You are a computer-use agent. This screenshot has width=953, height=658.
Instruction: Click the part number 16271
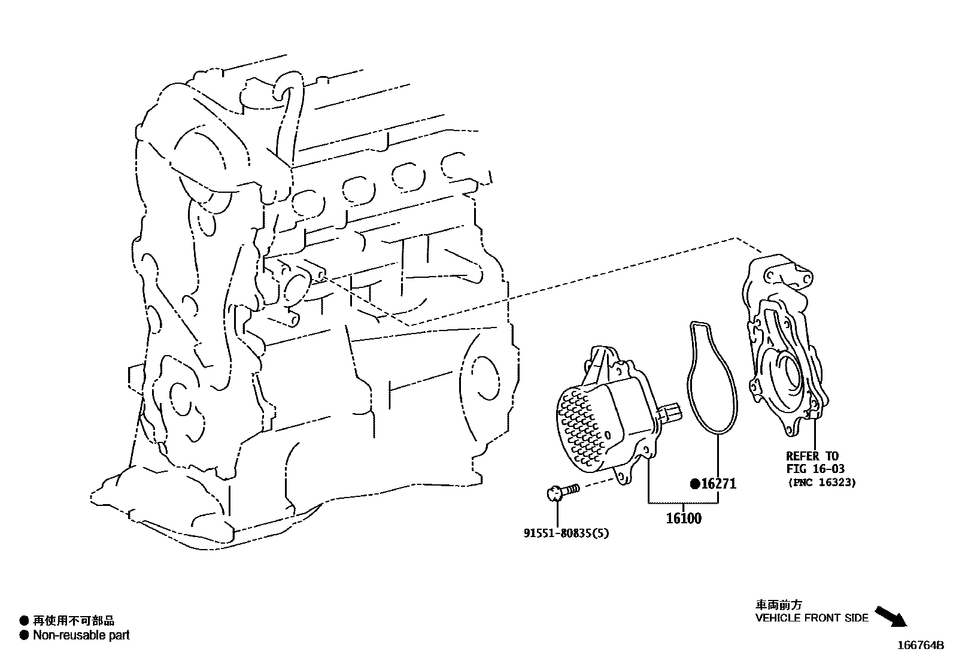coord(718,484)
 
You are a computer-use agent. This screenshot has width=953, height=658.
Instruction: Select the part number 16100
coord(683,518)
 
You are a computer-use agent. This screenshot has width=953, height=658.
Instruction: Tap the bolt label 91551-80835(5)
coord(566,533)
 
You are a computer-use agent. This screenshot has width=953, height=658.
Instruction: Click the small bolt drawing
coord(563,492)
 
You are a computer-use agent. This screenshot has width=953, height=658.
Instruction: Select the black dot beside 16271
coord(695,484)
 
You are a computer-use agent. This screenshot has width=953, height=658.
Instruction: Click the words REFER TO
coord(812,456)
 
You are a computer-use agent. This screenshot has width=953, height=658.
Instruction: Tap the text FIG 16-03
coord(815,469)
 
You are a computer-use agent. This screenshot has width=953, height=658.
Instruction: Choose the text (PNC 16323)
coord(821,482)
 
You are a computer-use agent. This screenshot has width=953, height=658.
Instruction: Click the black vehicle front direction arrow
coord(891,616)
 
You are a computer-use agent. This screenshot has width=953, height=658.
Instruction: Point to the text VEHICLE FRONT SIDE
coord(811,618)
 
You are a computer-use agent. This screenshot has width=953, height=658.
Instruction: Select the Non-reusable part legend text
coord(81,635)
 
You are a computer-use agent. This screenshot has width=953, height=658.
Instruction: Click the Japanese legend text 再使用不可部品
coord(73,621)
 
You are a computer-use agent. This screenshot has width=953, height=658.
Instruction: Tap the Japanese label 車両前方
coord(778,605)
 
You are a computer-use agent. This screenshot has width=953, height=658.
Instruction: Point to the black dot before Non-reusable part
coord(24,635)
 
